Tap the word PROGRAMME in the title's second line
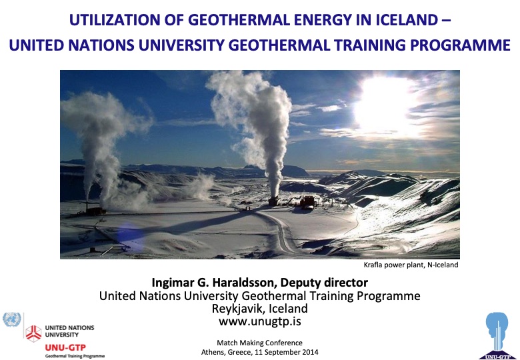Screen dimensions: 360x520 tap(459, 46)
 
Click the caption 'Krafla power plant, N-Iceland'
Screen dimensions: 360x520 tap(411, 265)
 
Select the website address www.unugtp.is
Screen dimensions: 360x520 tap(260, 322)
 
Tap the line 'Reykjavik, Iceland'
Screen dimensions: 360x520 tap(260, 309)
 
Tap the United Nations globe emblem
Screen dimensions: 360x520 tap(12, 320)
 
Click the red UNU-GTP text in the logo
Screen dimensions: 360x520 tap(65, 347)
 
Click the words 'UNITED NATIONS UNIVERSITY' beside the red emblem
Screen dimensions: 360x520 tap(69, 331)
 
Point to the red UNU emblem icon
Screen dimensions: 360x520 tap(33, 331)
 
